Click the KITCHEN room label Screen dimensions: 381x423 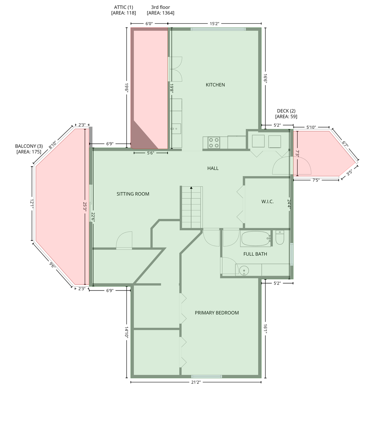215,85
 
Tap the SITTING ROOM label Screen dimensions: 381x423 133,194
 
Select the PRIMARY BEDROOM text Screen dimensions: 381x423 217,313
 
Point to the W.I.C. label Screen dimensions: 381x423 267,202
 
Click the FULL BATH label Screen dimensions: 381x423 255,254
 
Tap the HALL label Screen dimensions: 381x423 213,168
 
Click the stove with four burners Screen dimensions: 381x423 214,142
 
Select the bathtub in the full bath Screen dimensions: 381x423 255,239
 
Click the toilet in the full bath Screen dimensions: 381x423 280,237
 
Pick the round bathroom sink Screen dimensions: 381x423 244,271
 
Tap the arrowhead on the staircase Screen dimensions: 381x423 191,188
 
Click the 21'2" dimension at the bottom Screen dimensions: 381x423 196,382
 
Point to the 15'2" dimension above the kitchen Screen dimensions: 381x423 214,23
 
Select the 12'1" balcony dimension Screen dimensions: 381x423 32,204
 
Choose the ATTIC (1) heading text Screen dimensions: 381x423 124,7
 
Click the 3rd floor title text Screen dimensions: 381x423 161,7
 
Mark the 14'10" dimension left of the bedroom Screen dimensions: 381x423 127,332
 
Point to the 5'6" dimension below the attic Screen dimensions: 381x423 151,153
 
